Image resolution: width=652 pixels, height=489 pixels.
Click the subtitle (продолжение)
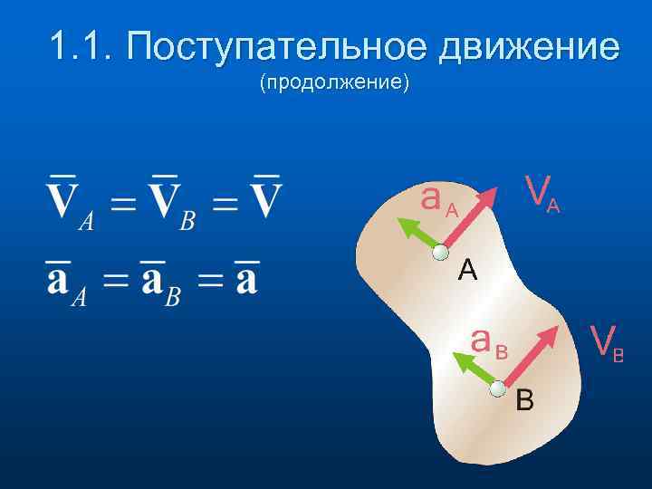tap(334, 84)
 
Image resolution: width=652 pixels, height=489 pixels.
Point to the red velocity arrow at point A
tap(472, 218)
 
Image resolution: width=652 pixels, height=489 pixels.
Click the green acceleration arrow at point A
tap(419, 235)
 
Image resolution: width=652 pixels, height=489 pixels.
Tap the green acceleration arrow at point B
tap(476, 375)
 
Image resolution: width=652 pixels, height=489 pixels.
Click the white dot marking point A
tap(441, 253)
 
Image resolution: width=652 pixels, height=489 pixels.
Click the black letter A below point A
tap(467, 270)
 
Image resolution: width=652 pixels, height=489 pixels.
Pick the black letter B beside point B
tap(524, 399)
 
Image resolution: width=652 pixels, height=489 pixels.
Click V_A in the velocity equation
tap(69, 201)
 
